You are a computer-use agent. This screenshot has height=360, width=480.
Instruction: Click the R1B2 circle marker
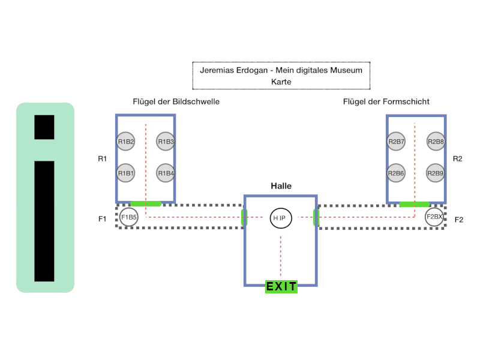(126, 142)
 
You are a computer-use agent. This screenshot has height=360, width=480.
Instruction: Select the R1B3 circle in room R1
(166, 142)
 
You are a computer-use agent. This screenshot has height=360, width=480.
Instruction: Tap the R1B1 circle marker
(126, 173)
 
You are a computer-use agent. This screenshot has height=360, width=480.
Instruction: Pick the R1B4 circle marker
(166, 173)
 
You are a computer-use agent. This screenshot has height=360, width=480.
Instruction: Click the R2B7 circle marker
(396, 142)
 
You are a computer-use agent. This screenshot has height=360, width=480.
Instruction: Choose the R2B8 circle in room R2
(436, 142)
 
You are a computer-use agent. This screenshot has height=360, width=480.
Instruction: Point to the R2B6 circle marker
(396, 173)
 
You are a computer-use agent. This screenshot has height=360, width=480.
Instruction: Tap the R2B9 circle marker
(436, 173)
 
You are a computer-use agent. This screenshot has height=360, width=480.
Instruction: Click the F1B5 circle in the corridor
(129, 217)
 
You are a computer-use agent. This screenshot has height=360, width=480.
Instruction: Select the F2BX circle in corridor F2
(434, 217)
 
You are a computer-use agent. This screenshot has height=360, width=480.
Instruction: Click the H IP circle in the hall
(281, 218)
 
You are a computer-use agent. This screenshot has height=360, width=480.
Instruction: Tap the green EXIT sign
(281, 287)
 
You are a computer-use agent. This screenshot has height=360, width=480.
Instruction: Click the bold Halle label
(281, 186)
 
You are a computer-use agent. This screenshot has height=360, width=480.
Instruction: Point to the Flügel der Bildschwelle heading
(176, 101)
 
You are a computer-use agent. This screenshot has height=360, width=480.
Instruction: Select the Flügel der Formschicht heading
(386, 101)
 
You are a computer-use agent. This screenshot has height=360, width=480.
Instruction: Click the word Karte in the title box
(281, 82)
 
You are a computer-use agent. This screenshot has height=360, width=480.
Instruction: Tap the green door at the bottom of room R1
(146, 203)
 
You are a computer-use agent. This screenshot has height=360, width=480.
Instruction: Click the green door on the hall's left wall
(244, 217)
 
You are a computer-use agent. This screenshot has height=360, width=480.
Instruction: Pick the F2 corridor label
(459, 220)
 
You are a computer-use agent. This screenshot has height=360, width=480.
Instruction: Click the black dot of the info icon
(44, 127)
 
